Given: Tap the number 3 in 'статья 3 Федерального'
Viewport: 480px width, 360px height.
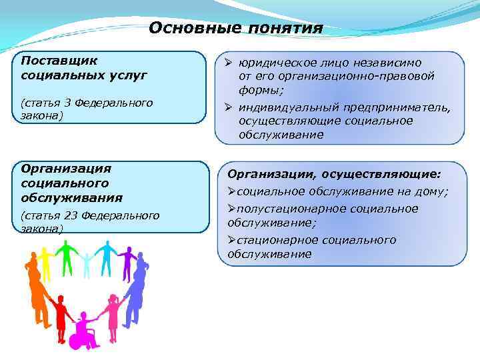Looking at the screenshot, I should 67,103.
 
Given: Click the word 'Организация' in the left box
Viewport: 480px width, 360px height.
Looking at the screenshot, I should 66,169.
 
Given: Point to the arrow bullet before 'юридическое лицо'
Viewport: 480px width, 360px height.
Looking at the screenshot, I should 228,62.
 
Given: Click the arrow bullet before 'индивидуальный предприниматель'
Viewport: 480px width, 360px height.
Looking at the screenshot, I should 228,107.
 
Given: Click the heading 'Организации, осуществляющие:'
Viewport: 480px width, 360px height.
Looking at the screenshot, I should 334,174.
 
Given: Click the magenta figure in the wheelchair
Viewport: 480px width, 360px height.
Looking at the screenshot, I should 85,331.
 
